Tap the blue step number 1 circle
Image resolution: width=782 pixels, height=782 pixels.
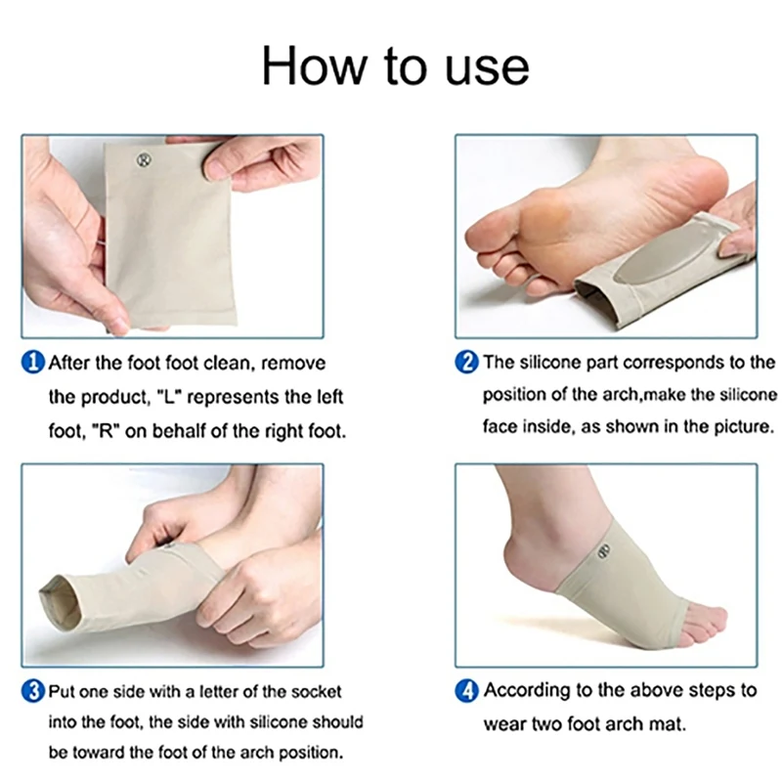pos(33,363)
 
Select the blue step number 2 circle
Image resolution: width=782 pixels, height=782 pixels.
pos(467,362)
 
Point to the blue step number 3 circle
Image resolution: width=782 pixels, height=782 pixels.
pos(33,692)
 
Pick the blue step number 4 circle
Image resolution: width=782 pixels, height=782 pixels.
pos(467,691)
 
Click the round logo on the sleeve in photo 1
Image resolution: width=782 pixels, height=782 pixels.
pos(144,160)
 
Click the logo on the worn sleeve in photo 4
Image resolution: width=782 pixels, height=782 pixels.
pos(604,551)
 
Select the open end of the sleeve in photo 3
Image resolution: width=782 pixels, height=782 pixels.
pos(61,602)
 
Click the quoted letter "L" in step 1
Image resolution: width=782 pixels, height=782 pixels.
pos(168,398)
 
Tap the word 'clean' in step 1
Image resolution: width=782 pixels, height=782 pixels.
pos(230,364)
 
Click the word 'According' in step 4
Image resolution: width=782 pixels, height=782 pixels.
pos(527,692)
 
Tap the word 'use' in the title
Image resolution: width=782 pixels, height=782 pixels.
pos(486,68)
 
